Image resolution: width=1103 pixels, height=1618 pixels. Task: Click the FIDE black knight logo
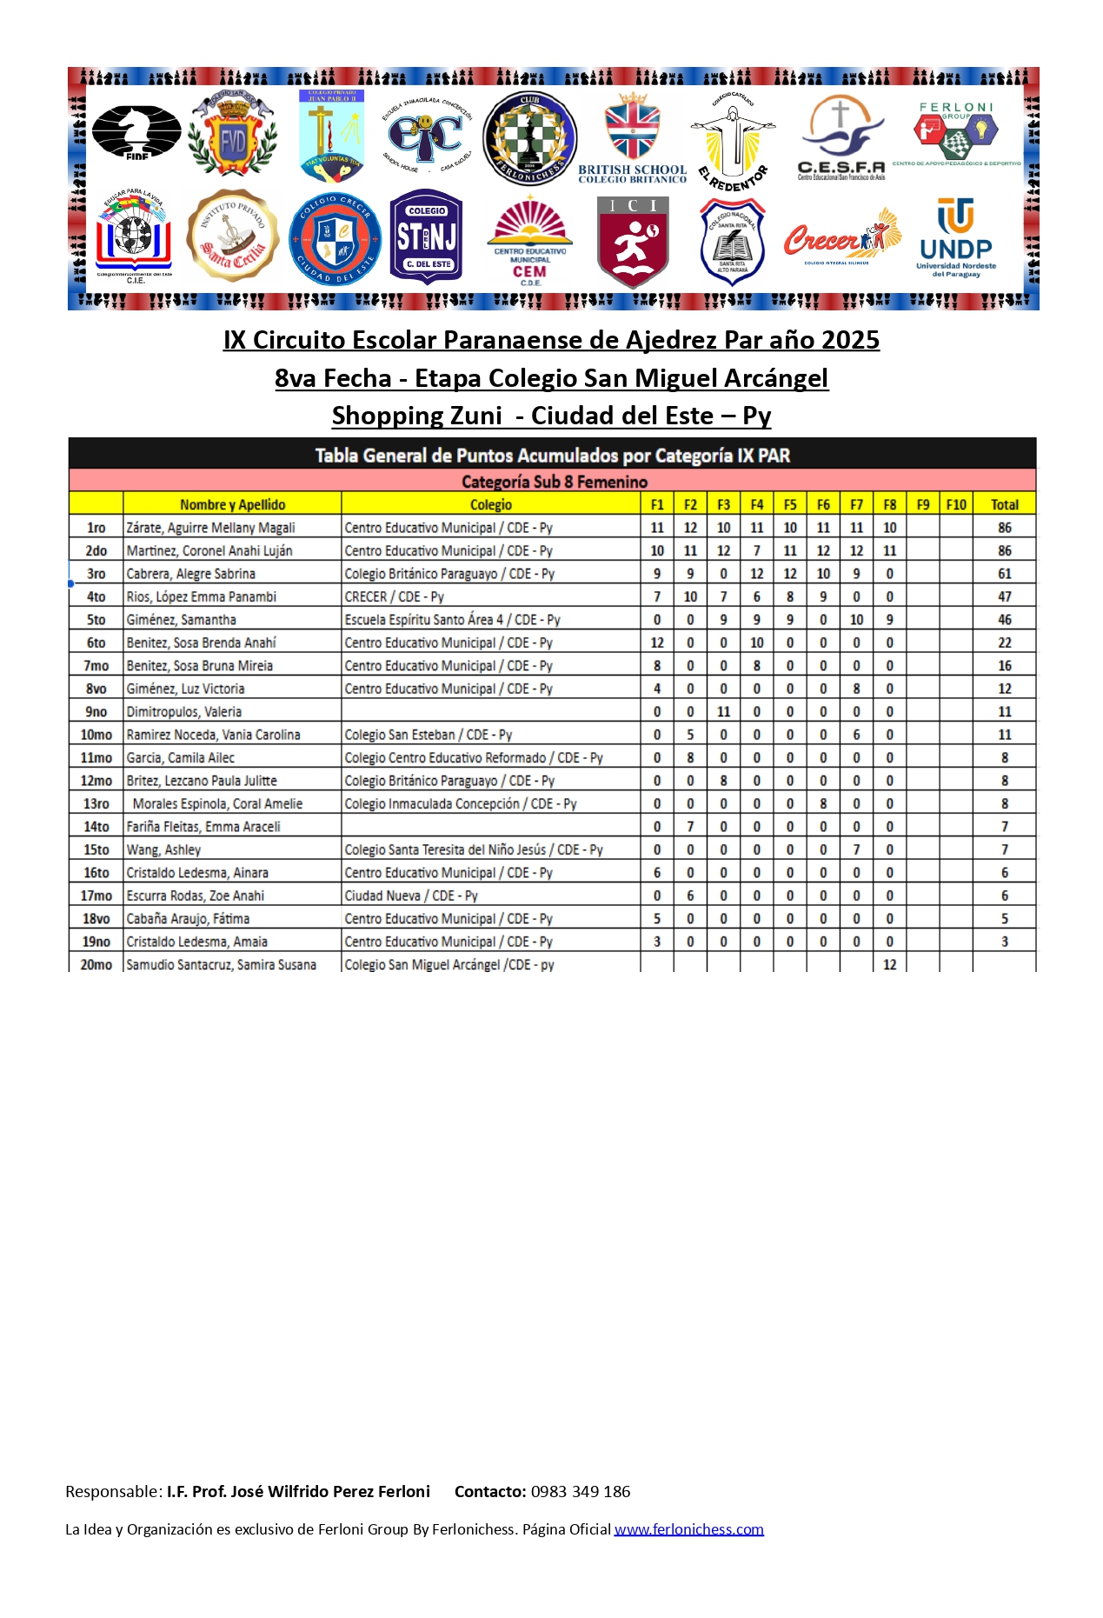(x=136, y=131)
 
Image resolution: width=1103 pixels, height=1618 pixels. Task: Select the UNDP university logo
(x=956, y=237)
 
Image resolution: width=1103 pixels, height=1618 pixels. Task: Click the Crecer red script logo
(x=841, y=237)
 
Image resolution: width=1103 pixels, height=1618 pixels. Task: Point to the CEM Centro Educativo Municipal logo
(x=530, y=242)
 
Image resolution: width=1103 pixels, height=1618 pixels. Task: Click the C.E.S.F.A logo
(x=841, y=137)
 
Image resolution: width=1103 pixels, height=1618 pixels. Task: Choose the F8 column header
(x=889, y=504)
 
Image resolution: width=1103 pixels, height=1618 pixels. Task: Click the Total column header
(x=1004, y=504)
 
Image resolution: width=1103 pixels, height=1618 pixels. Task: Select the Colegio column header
(x=491, y=504)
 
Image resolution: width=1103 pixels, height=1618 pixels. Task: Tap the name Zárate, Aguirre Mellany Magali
(x=210, y=528)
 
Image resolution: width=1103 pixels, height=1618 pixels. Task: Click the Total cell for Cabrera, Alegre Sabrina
(x=1004, y=574)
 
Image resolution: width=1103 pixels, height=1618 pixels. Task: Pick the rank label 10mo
(x=96, y=735)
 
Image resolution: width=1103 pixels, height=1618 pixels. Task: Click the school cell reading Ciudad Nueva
(x=411, y=896)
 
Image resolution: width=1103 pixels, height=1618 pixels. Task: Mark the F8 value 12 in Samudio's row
(x=889, y=964)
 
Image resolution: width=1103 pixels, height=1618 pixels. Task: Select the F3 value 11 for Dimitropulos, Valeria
(x=723, y=711)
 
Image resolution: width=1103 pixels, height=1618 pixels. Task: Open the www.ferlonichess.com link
(x=688, y=1528)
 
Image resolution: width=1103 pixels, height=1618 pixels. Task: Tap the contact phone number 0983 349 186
(x=581, y=1491)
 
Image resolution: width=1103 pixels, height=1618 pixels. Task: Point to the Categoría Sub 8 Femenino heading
(x=554, y=482)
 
